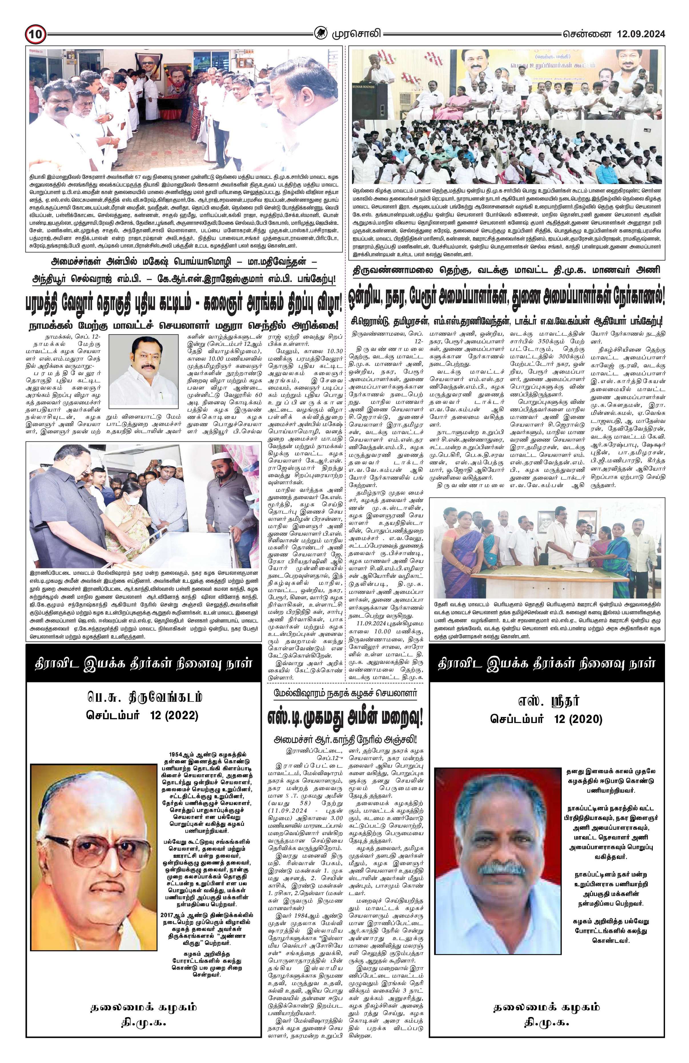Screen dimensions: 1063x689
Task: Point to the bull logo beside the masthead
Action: (x=320, y=33)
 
